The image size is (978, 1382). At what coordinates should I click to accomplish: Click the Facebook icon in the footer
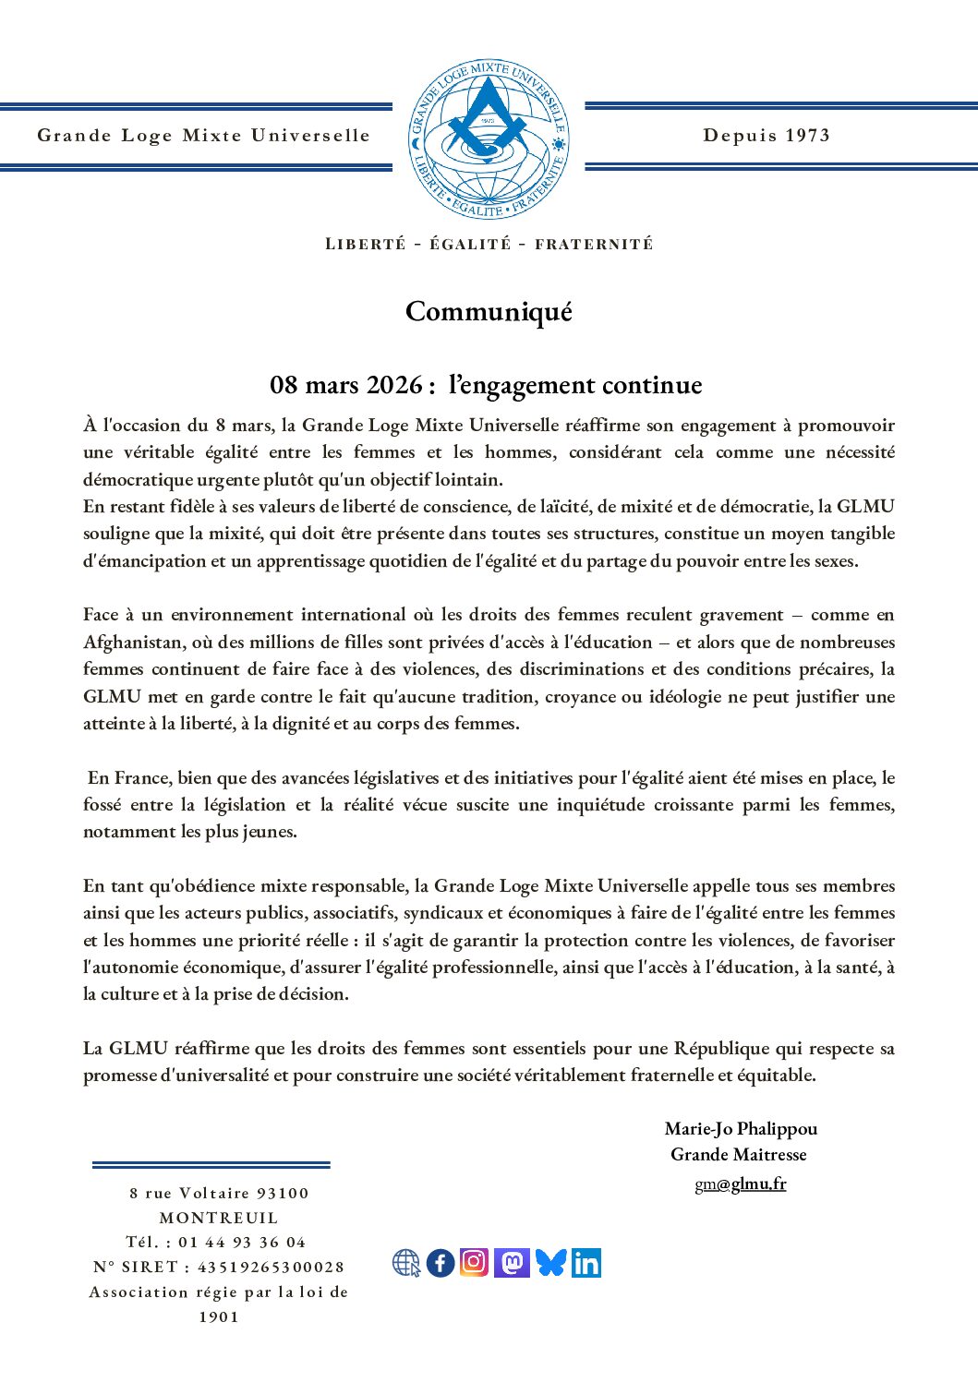(441, 1262)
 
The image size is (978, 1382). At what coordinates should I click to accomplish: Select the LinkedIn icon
(586, 1262)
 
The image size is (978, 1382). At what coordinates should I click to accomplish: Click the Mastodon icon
(512, 1262)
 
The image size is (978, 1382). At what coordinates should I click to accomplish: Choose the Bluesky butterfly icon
(550, 1262)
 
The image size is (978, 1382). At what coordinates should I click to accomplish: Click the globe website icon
(406, 1263)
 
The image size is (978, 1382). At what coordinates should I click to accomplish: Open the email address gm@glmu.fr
(741, 1184)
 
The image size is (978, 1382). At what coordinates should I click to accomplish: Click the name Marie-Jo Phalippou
(741, 1128)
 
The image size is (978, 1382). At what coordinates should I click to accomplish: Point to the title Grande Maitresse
(739, 1154)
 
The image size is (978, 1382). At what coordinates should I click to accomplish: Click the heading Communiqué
(489, 311)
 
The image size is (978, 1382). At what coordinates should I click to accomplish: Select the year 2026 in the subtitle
(394, 385)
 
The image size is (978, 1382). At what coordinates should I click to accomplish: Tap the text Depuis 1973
(767, 136)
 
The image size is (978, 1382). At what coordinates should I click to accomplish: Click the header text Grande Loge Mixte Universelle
(203, 136)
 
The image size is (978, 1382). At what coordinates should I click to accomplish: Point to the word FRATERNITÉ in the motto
(594, 245)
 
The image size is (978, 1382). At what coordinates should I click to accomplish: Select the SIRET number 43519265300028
(271, 1268)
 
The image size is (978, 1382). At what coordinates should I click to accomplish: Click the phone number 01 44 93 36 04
(242, 1243)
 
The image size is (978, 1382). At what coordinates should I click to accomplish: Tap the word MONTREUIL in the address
(219, 1218)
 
